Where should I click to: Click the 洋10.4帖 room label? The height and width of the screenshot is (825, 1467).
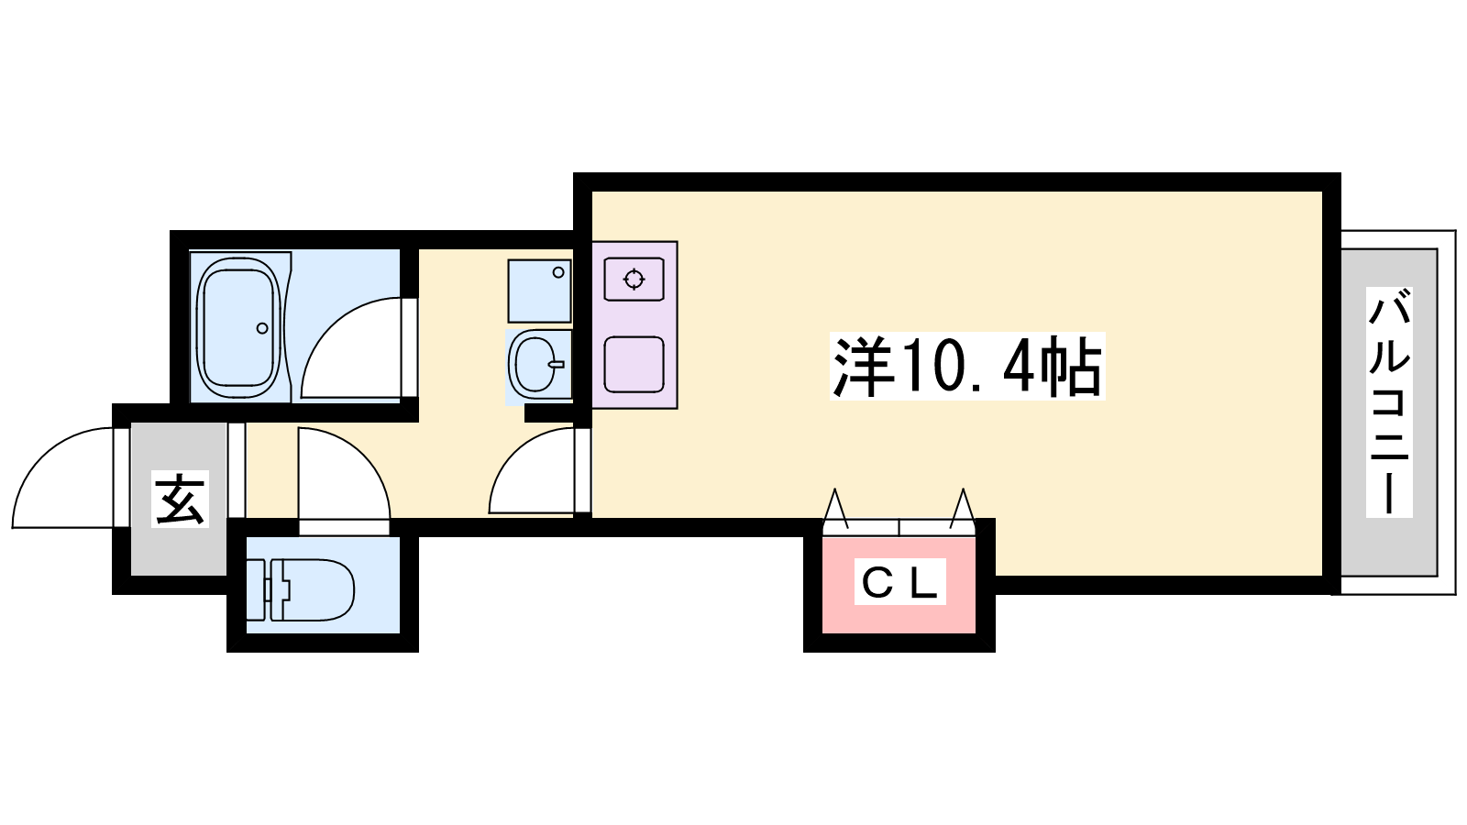tap(966, 366)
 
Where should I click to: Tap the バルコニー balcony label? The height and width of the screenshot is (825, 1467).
tap(1388, 402)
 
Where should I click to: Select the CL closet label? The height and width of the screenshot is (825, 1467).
tap(899, 581)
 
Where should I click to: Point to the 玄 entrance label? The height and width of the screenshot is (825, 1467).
tap(180, 499)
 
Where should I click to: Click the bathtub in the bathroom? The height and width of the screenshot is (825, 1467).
tap(239, 327)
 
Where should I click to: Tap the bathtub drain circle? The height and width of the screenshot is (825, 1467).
tap(262, 328)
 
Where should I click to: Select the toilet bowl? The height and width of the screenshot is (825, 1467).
tap(313, 589)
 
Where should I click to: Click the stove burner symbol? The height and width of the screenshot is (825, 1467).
tap(634, 280)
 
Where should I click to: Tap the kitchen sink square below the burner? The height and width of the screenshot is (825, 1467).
tap(634, 365)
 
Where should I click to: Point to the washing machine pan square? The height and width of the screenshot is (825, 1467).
tap(540, 291)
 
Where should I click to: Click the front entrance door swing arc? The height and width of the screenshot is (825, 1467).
tap(63, 478)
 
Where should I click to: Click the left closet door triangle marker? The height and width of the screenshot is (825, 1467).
tap(835, 508)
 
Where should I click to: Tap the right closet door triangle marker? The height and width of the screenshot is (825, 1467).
tap(963, 508)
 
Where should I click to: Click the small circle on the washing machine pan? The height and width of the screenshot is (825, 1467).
tap(558, 272)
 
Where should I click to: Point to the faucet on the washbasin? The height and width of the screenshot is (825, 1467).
tap(557, 364)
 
